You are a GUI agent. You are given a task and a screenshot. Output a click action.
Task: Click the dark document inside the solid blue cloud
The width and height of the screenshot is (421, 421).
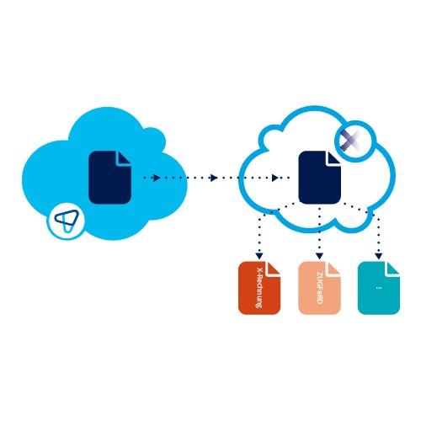click(x=109, y=178)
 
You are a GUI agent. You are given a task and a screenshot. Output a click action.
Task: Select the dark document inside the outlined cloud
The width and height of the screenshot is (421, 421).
click(x=320, y=178)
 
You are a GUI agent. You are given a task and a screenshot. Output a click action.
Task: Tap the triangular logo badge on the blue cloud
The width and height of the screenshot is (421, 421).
click(x=67, y=221)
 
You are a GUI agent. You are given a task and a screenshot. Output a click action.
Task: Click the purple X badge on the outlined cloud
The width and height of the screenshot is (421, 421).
click(x=356, y=141)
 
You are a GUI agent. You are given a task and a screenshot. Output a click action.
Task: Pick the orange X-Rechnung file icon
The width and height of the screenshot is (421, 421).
click(x=259, y=288)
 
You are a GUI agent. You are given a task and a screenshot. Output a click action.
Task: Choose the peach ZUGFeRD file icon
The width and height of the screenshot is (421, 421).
click(x=319, y=288)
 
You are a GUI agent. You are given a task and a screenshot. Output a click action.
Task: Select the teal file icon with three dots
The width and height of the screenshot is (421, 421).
click(x=379, y=288)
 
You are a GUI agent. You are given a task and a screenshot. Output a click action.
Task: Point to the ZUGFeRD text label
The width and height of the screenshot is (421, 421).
click(x=319, y=288)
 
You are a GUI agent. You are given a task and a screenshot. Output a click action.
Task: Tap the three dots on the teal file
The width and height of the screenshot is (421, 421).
click(x=379, y=288)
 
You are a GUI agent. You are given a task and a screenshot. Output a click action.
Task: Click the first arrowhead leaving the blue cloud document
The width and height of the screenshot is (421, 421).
click(x=157, y=178)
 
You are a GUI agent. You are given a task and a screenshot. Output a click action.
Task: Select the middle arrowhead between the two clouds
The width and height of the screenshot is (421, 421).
click(x=214, y=178)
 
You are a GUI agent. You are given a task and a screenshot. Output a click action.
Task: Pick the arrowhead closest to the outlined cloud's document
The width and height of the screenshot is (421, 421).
click(x=275, y=178)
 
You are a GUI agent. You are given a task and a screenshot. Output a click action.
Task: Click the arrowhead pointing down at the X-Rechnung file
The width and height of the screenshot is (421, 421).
click(x=259, y=256)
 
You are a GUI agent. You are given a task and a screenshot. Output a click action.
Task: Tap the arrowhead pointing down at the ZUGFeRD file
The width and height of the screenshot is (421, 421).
click(x=319, y=256)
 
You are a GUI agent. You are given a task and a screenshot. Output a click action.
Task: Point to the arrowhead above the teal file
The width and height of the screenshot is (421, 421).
click(x=379, y=256)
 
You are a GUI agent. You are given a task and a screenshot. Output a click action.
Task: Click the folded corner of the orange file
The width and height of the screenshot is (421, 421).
click(x=274, y=269)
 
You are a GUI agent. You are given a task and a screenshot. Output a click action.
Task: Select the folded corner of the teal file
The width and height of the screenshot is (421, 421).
click(x=393, y=269)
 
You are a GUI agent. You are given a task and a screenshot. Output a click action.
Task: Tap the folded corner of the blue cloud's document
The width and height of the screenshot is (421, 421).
click(x=125, y=158)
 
